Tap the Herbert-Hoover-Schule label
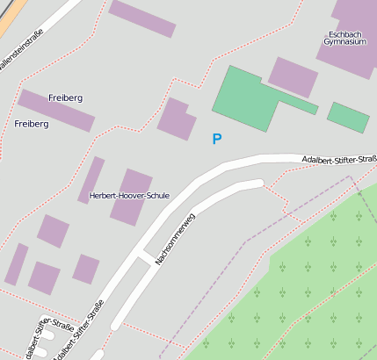click(x=129, y=196)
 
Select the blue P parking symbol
click(x=217, y=139)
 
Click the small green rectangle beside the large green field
click(x=348, y=117)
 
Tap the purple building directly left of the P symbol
click(x=176, y=119)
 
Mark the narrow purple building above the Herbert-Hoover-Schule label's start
click(x=91, y=178)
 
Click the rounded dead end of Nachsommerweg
click(x=257, y=184)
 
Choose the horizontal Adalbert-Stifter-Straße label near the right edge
click(x=338, y=159)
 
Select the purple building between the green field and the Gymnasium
click(x=293, y=77)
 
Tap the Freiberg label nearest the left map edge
click(x=32, y=124)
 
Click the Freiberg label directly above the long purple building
click(x=66, y=97)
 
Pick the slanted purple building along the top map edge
click(x=141, y=18)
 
